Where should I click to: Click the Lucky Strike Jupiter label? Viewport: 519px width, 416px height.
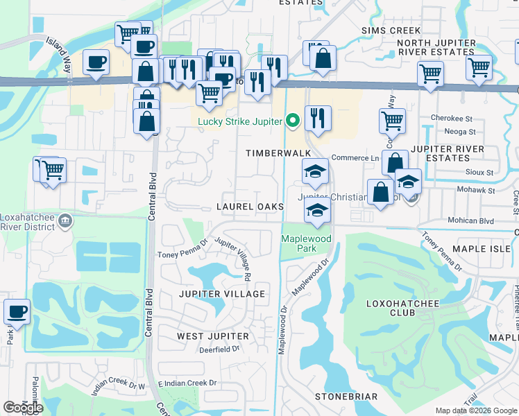240,122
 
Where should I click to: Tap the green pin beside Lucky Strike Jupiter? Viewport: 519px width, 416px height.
293,121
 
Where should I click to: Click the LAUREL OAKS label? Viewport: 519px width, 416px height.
250,207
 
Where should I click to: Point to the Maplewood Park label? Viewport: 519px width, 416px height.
306,243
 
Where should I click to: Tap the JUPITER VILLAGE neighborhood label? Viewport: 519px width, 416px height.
222,294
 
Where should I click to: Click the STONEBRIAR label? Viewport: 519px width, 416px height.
346,397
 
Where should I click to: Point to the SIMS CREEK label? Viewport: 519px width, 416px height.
391,31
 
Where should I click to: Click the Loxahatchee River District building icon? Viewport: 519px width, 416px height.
66,221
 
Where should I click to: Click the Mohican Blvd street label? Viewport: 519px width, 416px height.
471,221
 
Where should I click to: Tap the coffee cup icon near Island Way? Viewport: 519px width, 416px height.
96,62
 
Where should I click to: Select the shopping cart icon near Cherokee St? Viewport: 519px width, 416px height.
392,121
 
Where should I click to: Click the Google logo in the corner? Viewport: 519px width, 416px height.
23,408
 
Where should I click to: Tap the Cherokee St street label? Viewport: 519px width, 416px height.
452,118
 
